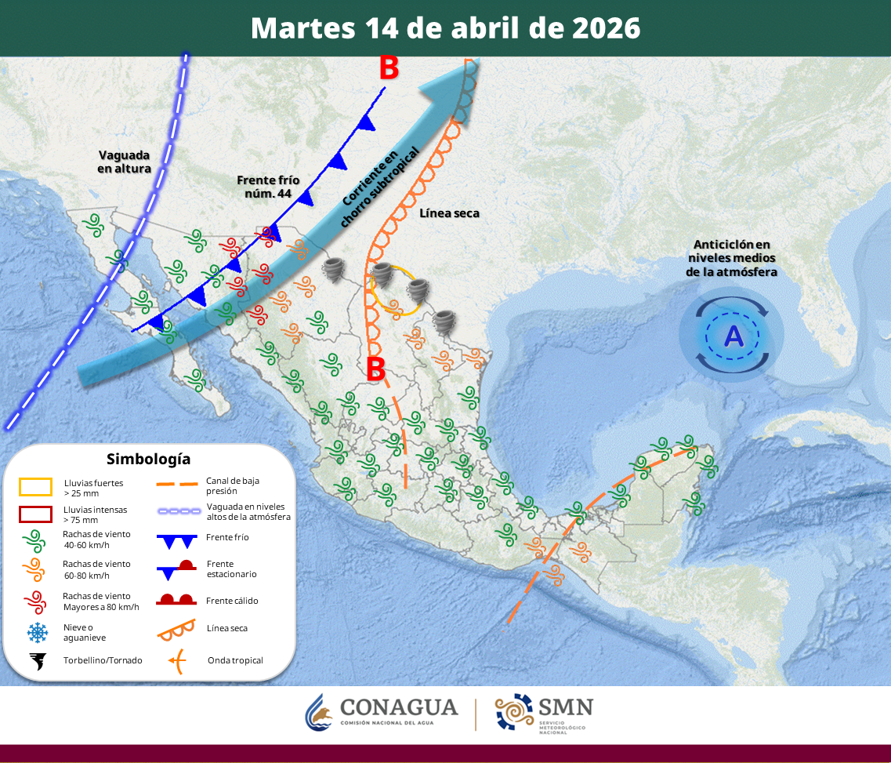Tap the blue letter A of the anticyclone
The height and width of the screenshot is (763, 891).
pyautogui.click(x=733, y=336)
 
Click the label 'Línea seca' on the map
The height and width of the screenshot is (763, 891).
pyautogui.click(x=449, y=213)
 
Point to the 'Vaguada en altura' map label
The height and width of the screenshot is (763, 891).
pyautogui.click(x=124, y=162)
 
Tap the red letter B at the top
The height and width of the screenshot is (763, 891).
pyautogui.click(x=389, y=68)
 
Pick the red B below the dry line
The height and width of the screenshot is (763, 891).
pyautogui.click(x=376, y=367)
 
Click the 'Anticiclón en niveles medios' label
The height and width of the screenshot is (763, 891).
pyautogui.click(x=732, y=258)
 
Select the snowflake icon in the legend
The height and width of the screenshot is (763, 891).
pyautogui.click(x=36, y=631)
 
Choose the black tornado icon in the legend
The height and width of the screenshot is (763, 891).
pyautogui.click(x=36, y=661)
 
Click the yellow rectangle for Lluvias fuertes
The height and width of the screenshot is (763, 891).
pyautogui.click(x=36, y=487)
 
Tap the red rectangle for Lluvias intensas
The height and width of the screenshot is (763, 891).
pyautogui.click(x=36, y=514)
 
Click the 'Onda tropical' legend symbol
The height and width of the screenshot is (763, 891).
pyautogui.click(x=179, y=661)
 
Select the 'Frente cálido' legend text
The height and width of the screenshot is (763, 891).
pyautogui.click(x=232, y=601)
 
